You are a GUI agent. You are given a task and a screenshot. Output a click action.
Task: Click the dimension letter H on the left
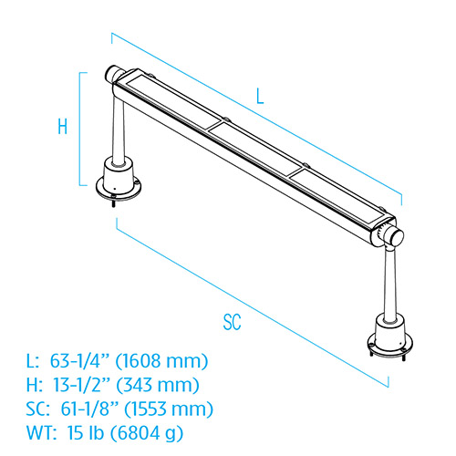pyautogui.click(x=62, y=128)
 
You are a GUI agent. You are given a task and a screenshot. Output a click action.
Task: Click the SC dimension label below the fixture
pyautogui.click(x=233, y=320)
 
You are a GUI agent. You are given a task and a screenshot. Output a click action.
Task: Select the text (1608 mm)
pyautogui.click(x=166, y=361)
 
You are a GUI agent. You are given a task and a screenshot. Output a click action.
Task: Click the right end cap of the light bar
pyautogui.click(x=393, y=236)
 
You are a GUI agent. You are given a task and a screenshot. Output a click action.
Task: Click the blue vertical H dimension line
pyautogui.click(x=80, y=128)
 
